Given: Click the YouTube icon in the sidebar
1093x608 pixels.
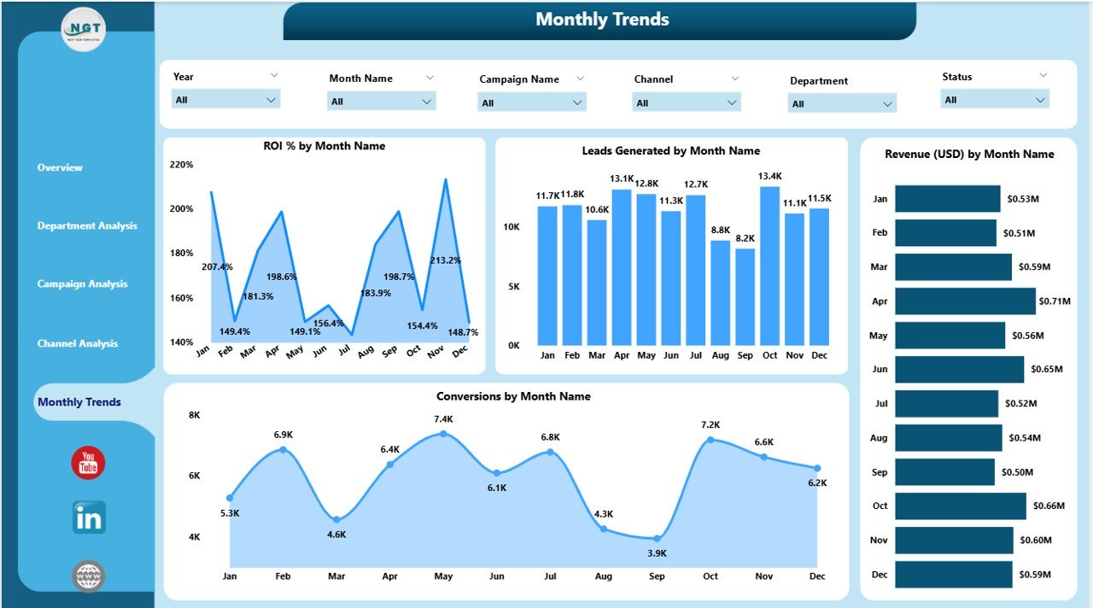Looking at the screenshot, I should (x=88, y=463).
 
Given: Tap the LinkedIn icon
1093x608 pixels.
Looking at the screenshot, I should (x=89, y=517).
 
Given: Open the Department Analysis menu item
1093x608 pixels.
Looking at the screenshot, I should (x=87, y=226).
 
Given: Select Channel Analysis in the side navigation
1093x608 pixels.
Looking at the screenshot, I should (x=78, y=344).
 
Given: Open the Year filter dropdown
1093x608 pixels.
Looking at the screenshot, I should (x=226, y=100).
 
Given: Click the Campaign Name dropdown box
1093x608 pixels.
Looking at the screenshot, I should (x=531, y=103).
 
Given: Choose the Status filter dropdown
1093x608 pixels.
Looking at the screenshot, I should (x=995, y=100).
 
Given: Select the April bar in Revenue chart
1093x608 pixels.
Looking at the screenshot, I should (x=965, y=301).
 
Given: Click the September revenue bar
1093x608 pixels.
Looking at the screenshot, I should (x=944, y=472).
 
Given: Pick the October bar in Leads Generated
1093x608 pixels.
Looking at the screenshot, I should (x=769, y=266).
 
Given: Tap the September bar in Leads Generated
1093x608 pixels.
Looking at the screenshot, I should (x=745, y=296).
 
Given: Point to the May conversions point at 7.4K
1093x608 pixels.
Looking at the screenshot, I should (x=443, y=434).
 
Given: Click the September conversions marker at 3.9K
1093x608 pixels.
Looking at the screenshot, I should (x=657, y=538).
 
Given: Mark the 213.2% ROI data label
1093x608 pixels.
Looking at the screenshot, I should (x=445, y=260).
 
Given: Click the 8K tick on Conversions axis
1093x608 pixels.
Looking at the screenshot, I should (x=195, y=415).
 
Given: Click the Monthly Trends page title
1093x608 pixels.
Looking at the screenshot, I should (x=602, y=20).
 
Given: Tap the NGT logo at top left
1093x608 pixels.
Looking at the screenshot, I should (x=84, y=29).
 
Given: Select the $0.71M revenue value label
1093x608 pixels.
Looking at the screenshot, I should (x=1054, y=301).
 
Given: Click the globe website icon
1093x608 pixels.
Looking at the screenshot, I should (x=88, y=576).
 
